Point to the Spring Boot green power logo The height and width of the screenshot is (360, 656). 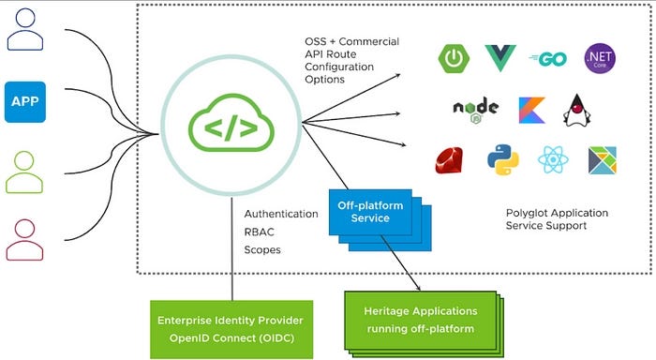click(x=454, y=58)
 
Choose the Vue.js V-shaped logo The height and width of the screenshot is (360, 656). click(x=501, y=58)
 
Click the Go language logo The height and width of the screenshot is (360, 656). click(x=549, y=58)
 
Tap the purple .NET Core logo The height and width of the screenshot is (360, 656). click(x=600, y=58)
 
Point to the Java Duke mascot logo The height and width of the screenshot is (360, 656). click(x=578, y=111)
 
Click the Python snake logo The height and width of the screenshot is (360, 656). click(x=502, y=160)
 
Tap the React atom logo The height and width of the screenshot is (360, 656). click(x=551, y=160)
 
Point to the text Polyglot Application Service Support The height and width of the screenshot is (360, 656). click(x=557, y=219)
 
